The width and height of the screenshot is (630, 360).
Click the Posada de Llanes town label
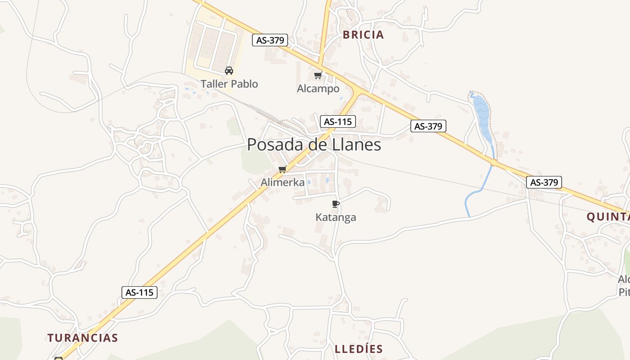(314, 144)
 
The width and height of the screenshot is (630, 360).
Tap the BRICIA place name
(363, 35)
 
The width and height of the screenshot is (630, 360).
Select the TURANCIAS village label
(83, 337)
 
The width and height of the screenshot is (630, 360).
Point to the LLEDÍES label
(359, 349)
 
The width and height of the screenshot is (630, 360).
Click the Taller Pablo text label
(229, 84)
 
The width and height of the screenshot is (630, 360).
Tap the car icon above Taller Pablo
(229, 70)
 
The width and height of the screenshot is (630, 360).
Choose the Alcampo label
(318, 89)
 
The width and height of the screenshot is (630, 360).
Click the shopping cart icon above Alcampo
(318, 75)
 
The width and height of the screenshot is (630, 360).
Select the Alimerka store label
(283, 182)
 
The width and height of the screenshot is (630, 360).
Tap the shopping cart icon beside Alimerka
(282, 169)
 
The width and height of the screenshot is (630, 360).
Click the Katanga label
(336, 217)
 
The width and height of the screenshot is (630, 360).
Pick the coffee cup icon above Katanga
(335, 204)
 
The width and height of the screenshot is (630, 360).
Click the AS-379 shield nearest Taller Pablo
(270, 40)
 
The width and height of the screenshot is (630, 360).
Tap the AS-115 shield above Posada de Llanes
(338, 121)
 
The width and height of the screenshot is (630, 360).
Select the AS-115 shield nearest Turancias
(139, 292)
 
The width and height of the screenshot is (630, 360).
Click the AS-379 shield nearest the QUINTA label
(544, 182)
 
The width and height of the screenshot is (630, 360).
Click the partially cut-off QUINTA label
(607, 217)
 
